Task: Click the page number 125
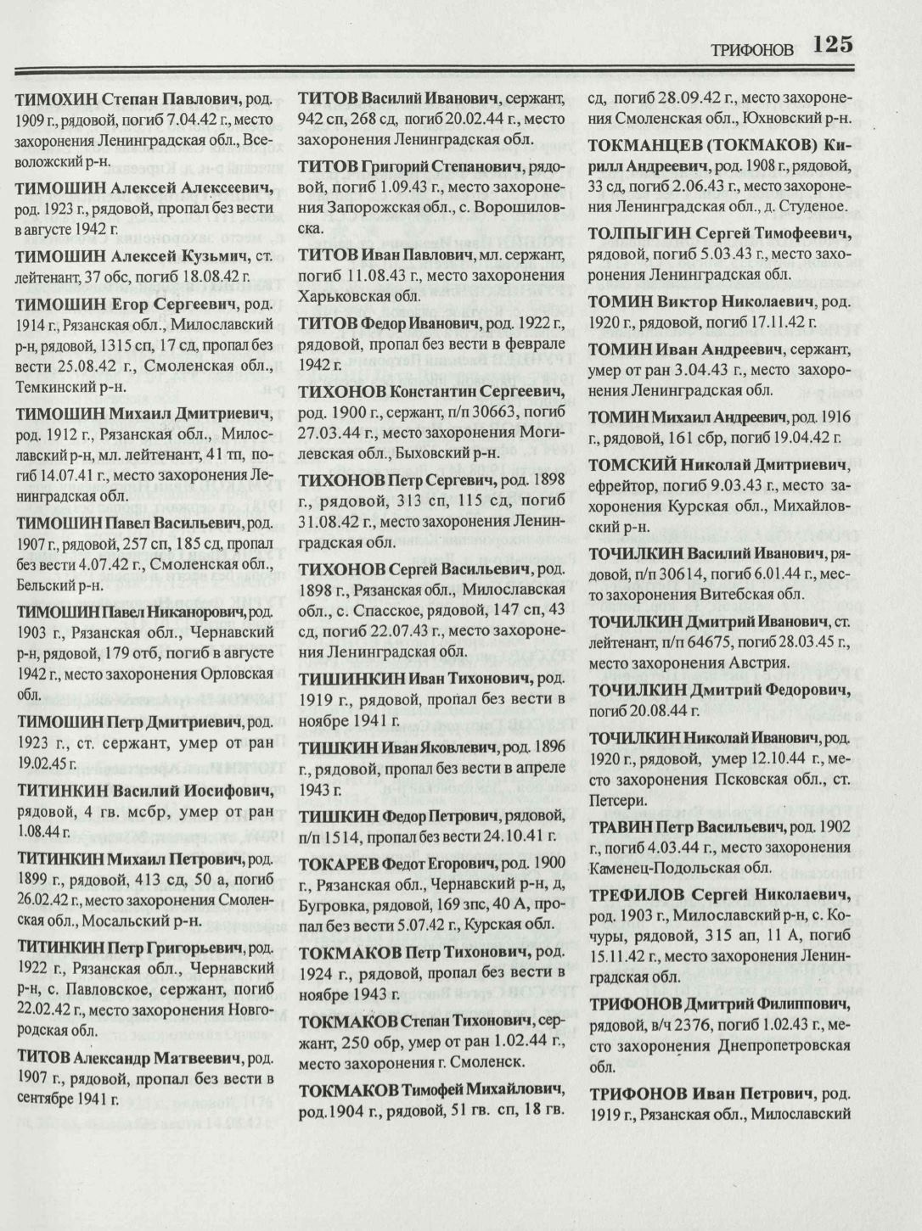point(832,44)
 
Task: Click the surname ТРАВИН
point(621,825)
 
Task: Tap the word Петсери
point(618,799)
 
